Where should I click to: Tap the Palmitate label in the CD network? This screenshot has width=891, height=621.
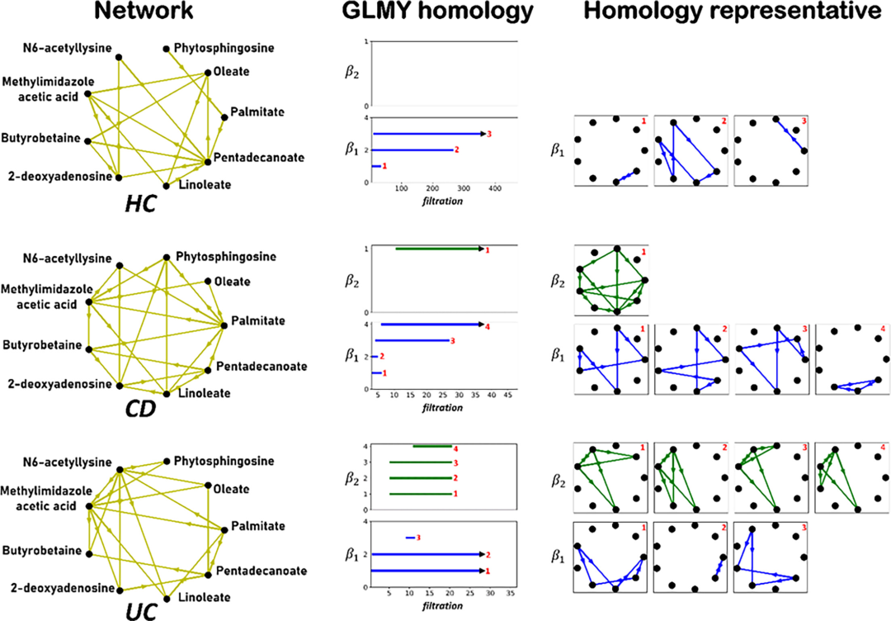(257, 320)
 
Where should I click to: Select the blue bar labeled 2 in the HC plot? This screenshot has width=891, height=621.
(413, 149)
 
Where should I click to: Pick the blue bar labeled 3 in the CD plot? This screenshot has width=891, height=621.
(412, 340)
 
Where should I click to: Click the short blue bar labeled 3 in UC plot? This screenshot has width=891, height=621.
(411, 538)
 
